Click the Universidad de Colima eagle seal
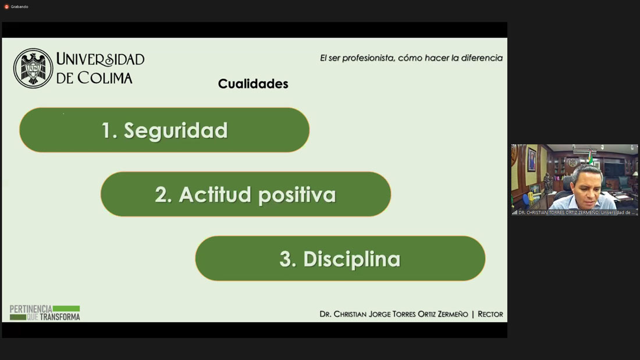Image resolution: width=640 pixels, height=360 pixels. click(x=33, y=68)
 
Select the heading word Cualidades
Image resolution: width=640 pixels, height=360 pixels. click(x=253, y=84)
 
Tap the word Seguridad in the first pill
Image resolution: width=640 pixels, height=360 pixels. click(x=176, y=131)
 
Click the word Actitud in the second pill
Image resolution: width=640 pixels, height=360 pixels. click(x=215, y=194)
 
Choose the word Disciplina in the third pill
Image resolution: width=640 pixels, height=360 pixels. click(x=351, y=259)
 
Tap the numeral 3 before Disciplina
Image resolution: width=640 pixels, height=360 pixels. click(x=286, y=259)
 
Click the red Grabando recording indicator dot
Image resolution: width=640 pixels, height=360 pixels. click(x=6, y=6)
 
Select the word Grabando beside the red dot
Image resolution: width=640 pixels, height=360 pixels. click(x=20, y=6)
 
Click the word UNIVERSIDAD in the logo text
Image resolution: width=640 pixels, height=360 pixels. click(x=100, y=59)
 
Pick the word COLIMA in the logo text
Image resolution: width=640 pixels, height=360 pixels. click(x=105, y=77)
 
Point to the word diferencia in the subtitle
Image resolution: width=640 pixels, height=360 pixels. click(x=482, y=58)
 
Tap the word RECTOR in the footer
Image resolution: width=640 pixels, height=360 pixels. click(x=490, y=314)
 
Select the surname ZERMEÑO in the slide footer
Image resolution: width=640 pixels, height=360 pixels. click(x=453, y=314)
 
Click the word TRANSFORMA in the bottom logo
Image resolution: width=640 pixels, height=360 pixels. click(x=60, y=317)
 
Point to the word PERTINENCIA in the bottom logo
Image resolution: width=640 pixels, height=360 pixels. click(x=31, y=309)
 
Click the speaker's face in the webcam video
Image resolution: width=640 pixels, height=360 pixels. click(x=586, y=186)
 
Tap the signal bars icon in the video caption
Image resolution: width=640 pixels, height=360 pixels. click(x=515, y=212)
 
